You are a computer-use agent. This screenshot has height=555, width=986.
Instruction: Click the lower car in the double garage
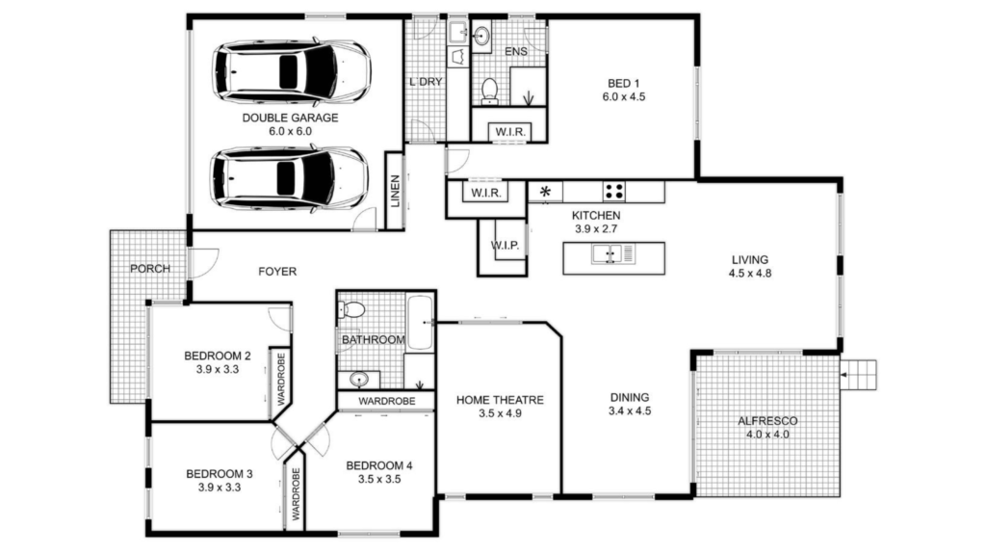289,178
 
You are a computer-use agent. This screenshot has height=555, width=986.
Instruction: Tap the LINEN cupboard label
395,191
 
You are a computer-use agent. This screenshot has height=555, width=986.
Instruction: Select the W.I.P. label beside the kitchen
505,246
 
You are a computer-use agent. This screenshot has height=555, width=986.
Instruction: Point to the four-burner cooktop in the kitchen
613,192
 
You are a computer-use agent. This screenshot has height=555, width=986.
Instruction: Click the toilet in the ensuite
490,92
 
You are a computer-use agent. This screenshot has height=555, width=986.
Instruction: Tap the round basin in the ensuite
482,36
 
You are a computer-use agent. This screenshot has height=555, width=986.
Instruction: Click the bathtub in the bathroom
420,322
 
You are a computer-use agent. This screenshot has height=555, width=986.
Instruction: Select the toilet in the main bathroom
351,309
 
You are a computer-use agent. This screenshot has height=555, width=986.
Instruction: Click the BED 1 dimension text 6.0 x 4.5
624,97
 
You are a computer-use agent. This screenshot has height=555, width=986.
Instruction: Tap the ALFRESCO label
767,421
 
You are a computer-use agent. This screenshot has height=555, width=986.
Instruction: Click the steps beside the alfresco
858,375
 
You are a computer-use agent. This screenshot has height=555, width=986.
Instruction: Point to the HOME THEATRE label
500,400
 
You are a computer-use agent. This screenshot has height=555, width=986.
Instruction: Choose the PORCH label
150,269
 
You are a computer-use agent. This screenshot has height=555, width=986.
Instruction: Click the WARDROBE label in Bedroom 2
281,378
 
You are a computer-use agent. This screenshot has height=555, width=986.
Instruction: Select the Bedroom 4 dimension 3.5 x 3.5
379,480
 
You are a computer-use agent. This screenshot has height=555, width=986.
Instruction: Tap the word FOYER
277,271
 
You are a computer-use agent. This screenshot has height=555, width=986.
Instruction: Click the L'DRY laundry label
426,82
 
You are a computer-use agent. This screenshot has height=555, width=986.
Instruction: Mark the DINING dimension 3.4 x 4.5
630,411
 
